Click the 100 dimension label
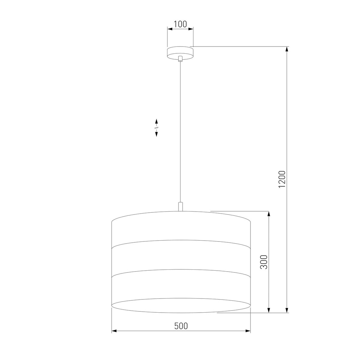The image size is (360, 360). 180,24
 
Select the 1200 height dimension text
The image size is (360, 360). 282,179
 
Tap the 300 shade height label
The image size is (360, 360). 264,262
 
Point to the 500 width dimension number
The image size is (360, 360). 181,326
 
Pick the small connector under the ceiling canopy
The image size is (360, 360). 180,59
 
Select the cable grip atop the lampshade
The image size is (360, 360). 180,207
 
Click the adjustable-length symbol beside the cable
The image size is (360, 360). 156,127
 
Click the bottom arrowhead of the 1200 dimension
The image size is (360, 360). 287,310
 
